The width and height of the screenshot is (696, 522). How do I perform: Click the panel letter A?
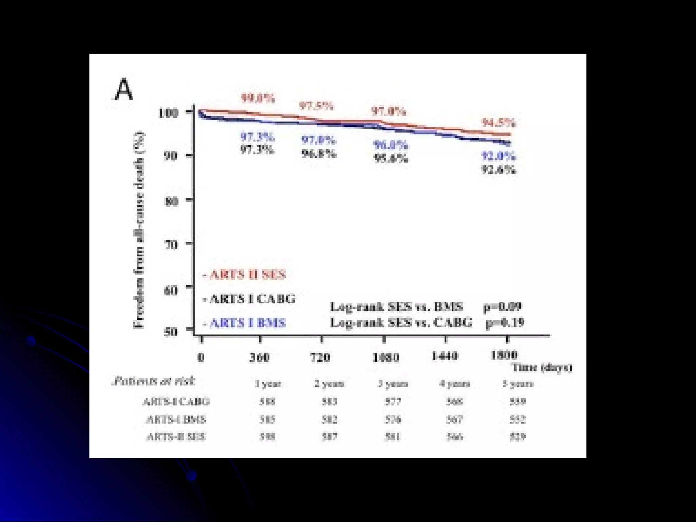(x=123, y=89)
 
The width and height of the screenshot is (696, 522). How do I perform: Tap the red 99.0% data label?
(x=258, y=99)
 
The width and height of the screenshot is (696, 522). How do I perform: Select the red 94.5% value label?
(x=499, y=123)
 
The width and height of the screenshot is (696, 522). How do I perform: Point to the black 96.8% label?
(x=319, y=154)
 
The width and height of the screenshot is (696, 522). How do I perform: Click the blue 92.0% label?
(x=498, y=156)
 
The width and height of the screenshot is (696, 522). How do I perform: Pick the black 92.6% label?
(x=499, y=170)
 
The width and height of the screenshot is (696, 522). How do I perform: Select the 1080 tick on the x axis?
(x=386, y=357)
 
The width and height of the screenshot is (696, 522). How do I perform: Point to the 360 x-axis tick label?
(x=260, y=357)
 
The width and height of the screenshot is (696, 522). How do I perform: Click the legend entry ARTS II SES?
(x=247, y=275)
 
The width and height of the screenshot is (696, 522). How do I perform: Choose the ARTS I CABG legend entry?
(x=252, y=299)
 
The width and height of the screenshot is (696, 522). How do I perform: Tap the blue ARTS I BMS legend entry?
(x=247, y=323)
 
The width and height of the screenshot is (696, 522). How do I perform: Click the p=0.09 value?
(x=502, y=307)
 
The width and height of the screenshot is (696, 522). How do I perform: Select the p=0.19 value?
(x=505, y=322)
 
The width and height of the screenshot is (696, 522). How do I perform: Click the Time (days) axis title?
(x=542, y=367)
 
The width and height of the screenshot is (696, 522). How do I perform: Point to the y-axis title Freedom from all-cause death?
(x=139, y=230)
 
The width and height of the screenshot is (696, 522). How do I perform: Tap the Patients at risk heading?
(x=154, y=381)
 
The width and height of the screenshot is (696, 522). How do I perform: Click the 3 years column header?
(x=393, y=384)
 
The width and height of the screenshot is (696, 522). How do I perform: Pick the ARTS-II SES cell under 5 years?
(x=518, y=436)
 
